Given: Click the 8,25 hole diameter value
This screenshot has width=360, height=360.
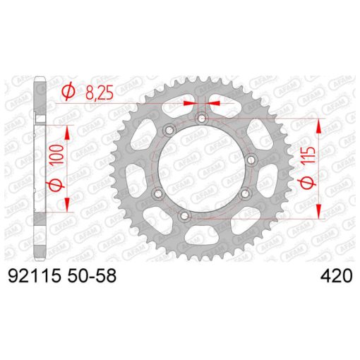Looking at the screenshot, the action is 100,92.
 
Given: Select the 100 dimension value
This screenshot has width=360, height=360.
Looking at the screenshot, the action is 57,155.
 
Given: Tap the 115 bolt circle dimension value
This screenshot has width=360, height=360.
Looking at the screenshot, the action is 308,155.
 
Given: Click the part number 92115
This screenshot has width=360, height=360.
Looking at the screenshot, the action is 34,275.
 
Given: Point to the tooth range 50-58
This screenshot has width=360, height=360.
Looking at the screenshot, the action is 92,275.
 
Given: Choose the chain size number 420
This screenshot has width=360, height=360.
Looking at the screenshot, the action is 337,275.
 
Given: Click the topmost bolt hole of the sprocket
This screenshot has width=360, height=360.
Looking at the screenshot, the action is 202,118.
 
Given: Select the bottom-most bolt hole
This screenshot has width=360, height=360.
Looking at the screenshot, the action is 184,215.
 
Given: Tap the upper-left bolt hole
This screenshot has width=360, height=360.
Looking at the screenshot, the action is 169,130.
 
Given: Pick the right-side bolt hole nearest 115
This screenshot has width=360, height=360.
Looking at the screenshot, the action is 251,160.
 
